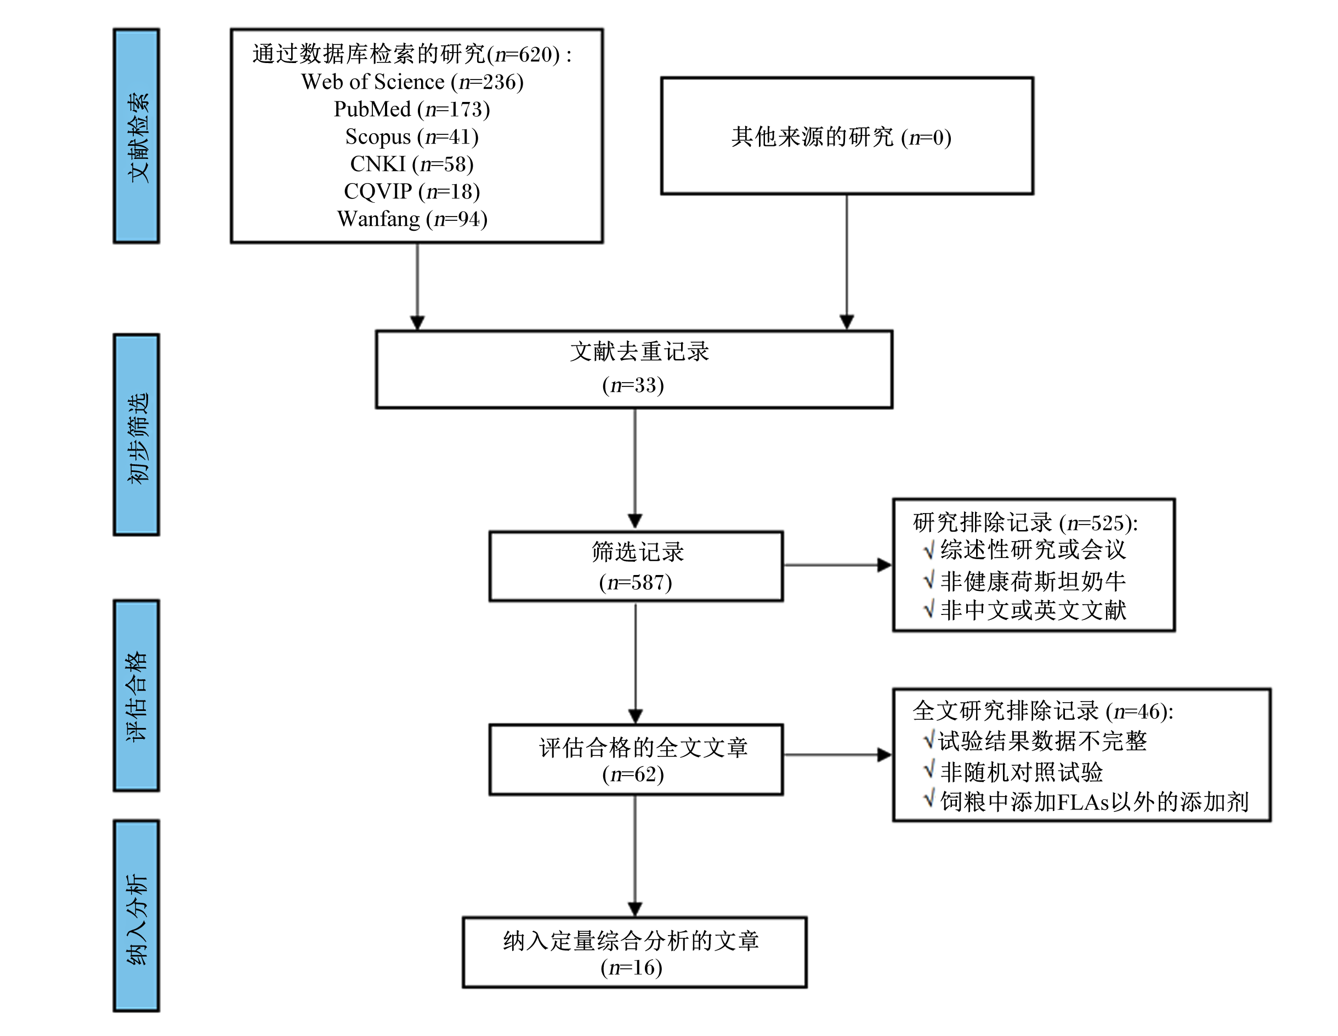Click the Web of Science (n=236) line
click(x=412, y=82)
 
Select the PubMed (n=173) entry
click(x=412, y=109)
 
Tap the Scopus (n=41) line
click(x=412, y=136)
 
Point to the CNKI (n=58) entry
click(x=412, y=164)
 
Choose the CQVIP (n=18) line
click(x=412, y=191)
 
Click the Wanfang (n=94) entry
click(x=412, y=219)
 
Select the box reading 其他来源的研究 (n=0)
click(x=847, y=136)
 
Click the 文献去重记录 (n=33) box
click(x=634, y=369)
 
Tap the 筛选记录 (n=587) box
click(x=636, y=566)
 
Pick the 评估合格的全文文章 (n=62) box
click(x=636, y=760)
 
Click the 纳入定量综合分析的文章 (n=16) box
click(x=634, y=952)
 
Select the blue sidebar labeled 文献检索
click(x=136, y=136)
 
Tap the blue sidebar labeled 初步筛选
click(x=136, y=435)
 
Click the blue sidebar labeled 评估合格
click(x=136, y=696)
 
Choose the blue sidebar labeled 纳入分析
click(x=136, y=916)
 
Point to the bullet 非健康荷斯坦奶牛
click(x=1024, y=580)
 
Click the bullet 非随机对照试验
click(x=1013, y=771)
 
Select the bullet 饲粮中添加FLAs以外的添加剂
click(x=1086, y=801)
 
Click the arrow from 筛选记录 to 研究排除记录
click(x=837, y=565)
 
